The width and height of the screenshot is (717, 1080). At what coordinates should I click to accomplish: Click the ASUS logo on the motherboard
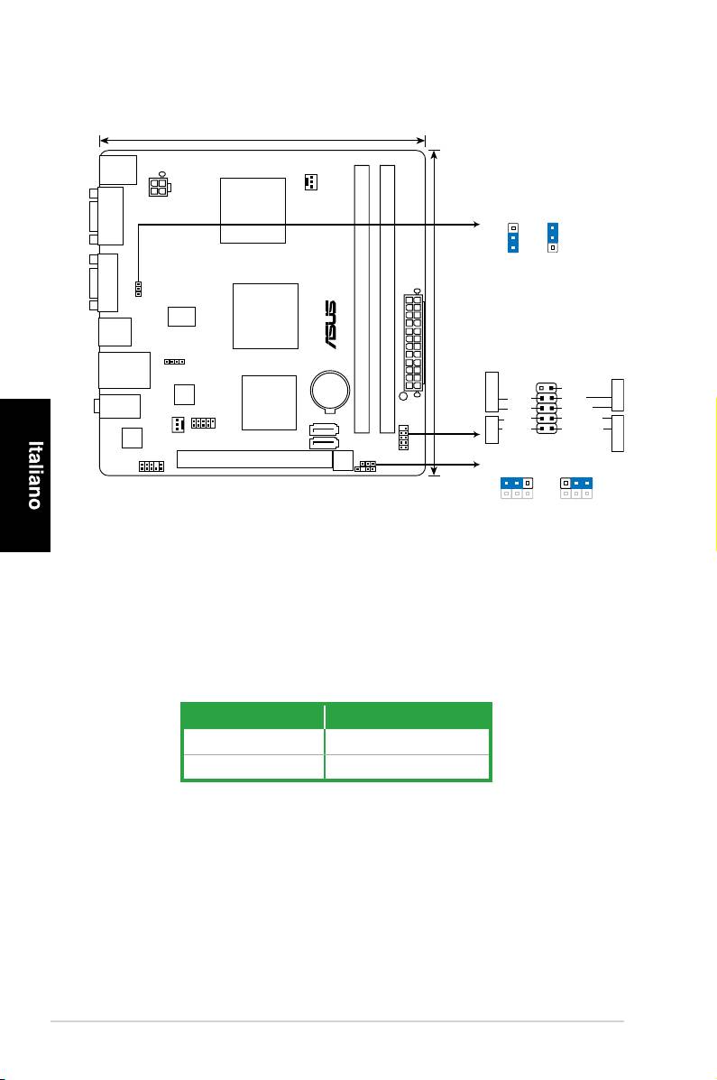point(331,324)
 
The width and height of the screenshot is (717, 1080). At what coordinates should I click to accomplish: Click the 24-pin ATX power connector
point(413,342)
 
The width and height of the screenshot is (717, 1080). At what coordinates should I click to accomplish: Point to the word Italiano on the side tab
point(34,475)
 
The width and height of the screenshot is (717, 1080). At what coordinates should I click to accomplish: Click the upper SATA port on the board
point(325,429)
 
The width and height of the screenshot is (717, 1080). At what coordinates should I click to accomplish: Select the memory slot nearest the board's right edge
point(387,299)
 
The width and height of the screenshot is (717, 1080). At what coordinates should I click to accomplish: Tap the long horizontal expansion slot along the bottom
point(255,458)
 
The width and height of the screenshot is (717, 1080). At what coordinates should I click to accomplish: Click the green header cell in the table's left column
point(253,716)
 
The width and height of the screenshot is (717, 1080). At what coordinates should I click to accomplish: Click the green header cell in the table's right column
point(408,716)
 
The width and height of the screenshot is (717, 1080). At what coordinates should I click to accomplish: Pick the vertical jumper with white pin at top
point(513,237)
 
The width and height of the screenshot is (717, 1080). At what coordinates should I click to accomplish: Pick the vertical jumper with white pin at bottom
point(552,237)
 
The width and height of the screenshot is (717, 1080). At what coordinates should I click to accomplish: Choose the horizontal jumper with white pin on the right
point(517,483)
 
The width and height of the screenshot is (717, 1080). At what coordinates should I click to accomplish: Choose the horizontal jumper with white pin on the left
point(575,483)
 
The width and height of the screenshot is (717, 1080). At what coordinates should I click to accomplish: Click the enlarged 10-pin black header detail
point(547,408)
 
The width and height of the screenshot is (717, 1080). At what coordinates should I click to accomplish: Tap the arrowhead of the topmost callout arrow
point(476,224)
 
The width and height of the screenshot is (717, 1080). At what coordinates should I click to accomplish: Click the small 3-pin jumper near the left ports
point(139,289)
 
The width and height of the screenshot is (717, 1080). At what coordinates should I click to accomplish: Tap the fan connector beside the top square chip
point(310,182)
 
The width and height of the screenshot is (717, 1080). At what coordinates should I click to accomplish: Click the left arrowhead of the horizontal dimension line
point(105,141)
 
